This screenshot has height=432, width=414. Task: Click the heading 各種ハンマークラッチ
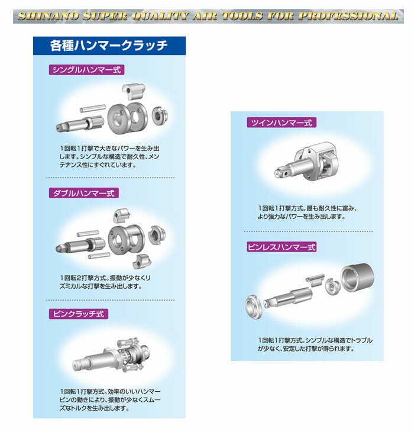pos(109,45)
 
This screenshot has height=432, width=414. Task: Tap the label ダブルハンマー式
pos(83,193)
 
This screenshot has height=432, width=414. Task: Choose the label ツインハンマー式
pos(282,122)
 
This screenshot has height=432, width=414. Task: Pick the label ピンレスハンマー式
pos(282,247)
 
